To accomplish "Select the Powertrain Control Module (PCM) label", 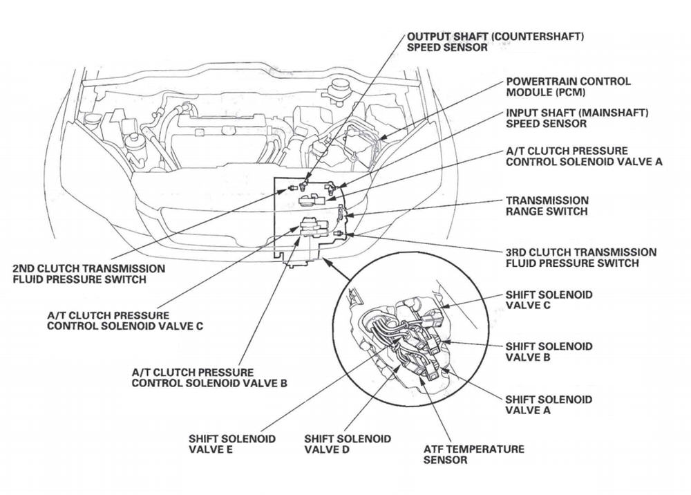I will point(568,86).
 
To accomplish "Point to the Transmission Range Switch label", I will point(547,206).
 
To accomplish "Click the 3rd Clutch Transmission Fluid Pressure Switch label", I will point(580,258).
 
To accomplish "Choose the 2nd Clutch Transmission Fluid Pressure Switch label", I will point(89,274).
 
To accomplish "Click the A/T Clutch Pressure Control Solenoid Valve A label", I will point(584,156).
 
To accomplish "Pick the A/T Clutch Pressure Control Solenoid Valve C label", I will point(124,321).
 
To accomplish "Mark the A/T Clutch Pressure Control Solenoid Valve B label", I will point(209,377).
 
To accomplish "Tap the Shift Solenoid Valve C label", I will point(549,300).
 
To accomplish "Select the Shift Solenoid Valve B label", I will point(549,352).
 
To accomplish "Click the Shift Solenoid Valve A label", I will point(549,405).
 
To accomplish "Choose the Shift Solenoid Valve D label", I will point(347,445).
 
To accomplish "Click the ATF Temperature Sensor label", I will point(473,454).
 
